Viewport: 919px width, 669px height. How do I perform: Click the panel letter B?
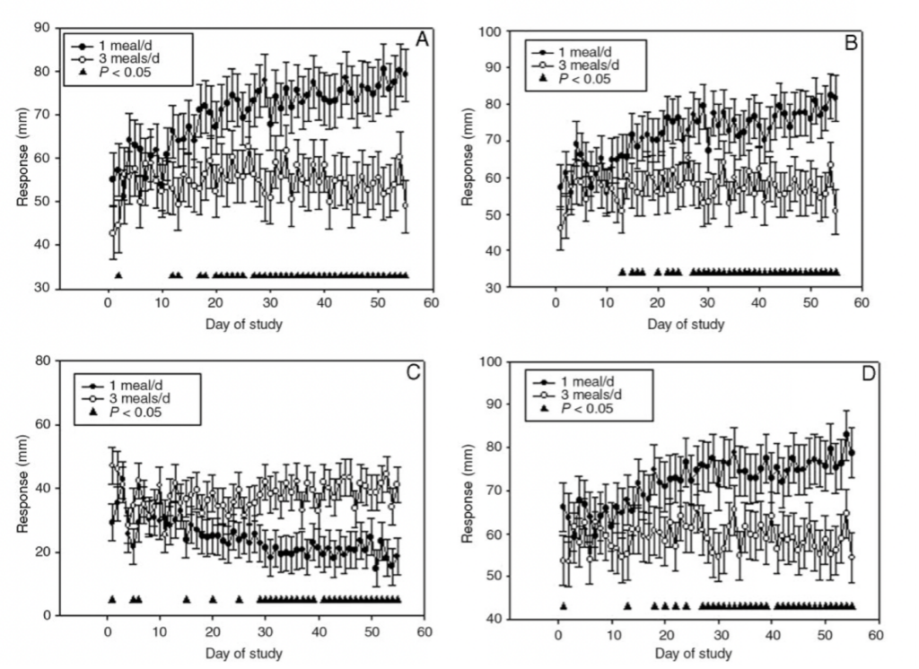pyautogui.click(x=851, y=41)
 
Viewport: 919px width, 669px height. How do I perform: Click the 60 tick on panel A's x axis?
pyautogui.click(x=431, y=302)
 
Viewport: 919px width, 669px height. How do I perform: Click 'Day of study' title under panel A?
pyautogui.click(x=243, y=323)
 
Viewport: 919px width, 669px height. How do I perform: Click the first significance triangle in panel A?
pyautogui.click(x=118, y=275)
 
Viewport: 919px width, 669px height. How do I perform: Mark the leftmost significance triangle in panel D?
pyautogui.click(x=563, y=606)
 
